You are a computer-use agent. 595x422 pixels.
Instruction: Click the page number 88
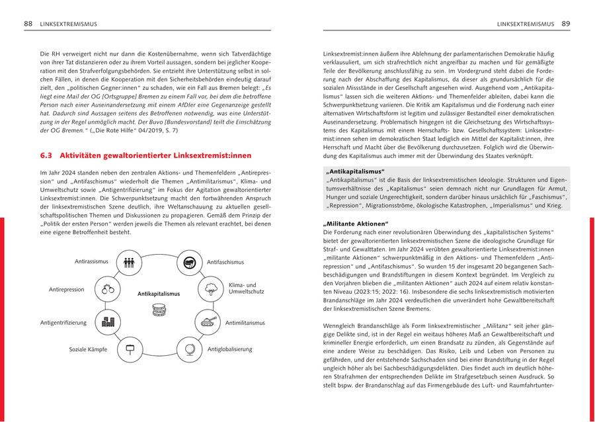pos(28,24)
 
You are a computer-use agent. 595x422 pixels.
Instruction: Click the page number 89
pos(566,24)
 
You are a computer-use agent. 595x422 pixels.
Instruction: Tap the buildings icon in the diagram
pos(107,323)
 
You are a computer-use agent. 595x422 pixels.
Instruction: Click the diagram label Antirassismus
pos(91,262)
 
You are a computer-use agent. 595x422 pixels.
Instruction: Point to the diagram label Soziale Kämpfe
pos(88,349)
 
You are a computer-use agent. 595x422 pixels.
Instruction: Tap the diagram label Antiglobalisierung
pos(229,349)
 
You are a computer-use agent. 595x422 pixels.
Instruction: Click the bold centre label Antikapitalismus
pos(159,293)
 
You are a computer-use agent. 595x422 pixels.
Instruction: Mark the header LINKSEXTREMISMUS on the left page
pos(68,24)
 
